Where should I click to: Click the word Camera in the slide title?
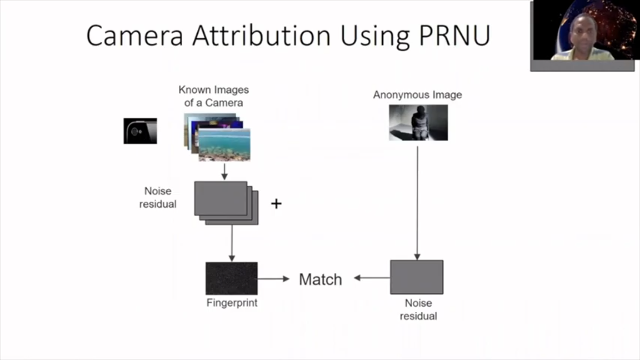point(135,35)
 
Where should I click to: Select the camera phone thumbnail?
point(140,131)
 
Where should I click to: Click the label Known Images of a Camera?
point(214,96)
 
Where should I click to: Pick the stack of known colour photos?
point(217,137)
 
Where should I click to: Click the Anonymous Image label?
point(417,95)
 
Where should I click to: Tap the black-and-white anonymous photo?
point(418,122)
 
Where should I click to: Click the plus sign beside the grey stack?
point(276,203)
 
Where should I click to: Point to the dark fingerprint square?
point(231,278)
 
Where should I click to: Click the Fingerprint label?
point(232,303)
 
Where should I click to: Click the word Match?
point(320,279)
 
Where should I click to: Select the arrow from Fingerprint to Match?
point(274,279)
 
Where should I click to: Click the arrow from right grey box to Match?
point(372,278)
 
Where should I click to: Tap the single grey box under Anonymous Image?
point(417,277)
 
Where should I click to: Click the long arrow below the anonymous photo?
point(417,202)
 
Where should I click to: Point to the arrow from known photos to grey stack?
point(224,171)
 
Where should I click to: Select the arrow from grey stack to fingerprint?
point(231,243)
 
